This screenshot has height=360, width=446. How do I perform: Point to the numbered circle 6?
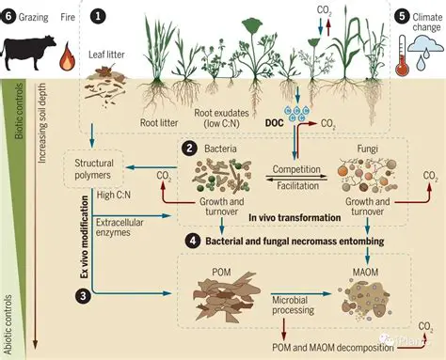click(x=9, y=16)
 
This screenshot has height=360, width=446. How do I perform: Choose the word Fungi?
click(x=369, y=149)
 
